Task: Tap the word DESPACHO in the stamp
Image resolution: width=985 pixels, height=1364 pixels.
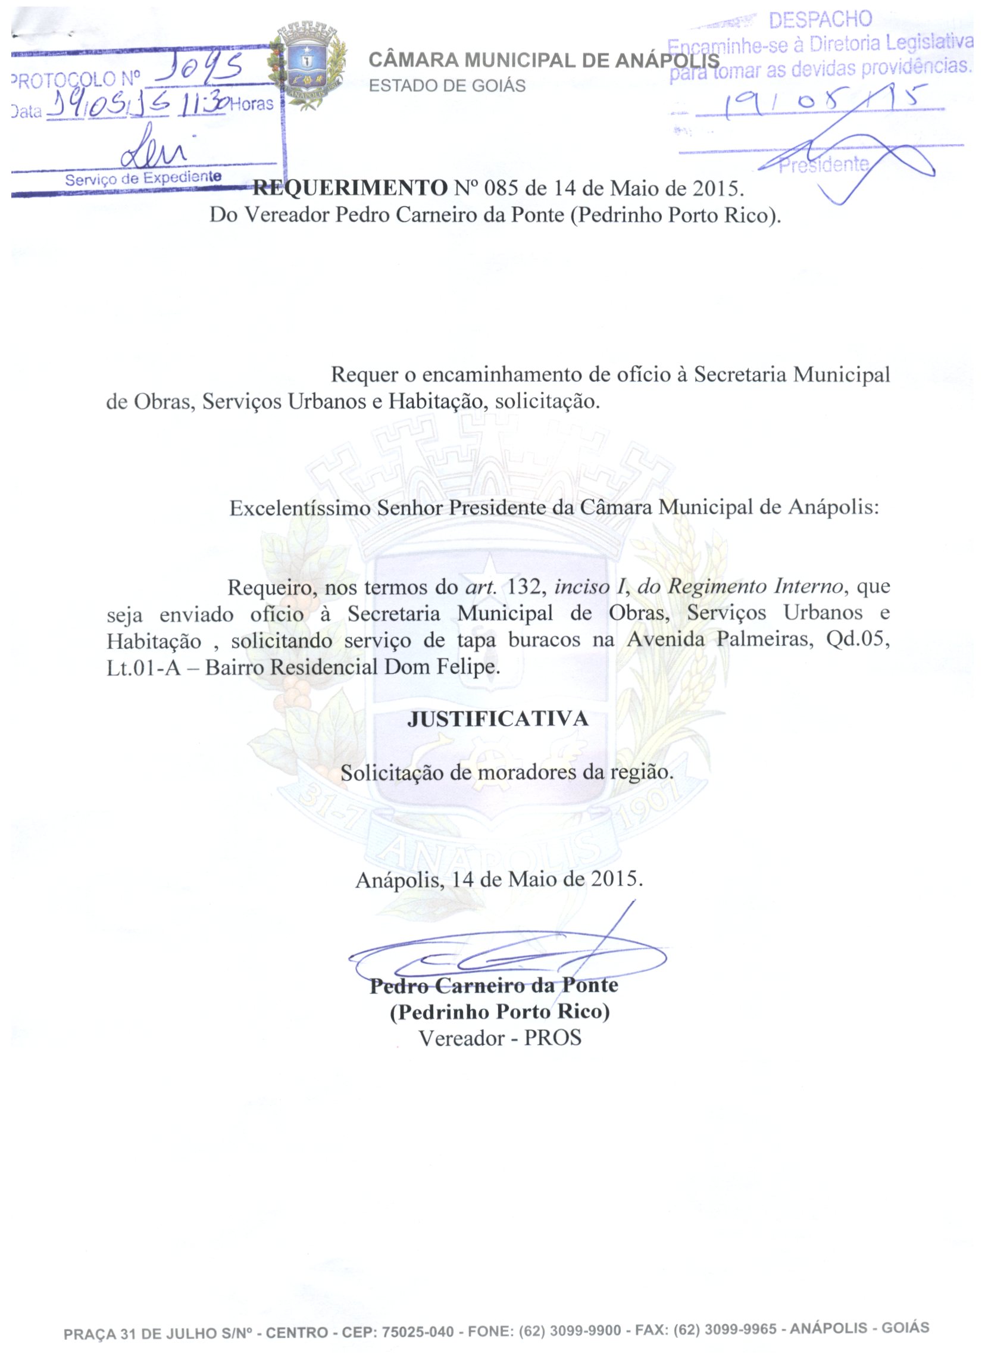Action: click(x=820, y=20)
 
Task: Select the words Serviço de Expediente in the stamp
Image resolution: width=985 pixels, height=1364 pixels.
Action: click(x=143, y=179)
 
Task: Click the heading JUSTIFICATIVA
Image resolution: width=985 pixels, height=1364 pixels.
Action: click(x=498, y=719)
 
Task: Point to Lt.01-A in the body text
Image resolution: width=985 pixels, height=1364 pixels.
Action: click(x=143, y=667)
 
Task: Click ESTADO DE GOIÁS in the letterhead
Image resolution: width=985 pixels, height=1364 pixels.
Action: click(x=447, y=86)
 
